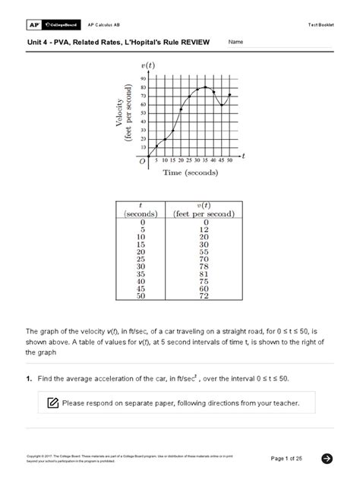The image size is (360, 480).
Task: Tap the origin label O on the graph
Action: click(141, 161)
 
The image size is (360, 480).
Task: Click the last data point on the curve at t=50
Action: click(229, 95)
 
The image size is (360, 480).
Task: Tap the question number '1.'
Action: click(30, 378)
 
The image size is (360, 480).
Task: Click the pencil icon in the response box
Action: click(52, 403)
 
